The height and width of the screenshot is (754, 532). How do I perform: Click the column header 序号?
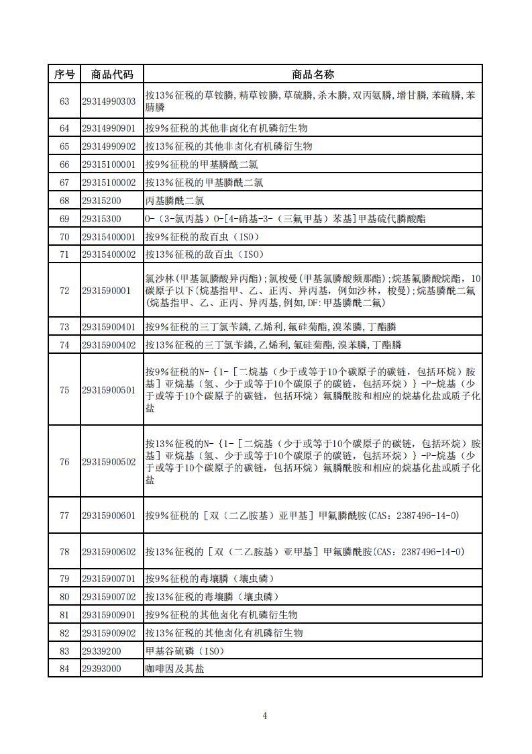pos(64,74)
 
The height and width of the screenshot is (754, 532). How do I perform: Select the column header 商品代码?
pos(112,74)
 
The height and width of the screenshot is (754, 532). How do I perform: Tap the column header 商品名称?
pos(313,74)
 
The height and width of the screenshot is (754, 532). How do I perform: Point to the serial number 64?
pos(64,128)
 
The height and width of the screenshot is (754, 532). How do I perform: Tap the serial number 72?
pos(64,291)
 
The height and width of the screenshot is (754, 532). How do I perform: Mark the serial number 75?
pos(64,389)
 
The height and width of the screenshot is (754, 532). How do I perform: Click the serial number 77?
pos(64,516)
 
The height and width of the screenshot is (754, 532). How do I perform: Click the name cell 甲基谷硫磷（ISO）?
pos(184,651)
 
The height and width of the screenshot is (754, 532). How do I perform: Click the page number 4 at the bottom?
pos(265,716)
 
